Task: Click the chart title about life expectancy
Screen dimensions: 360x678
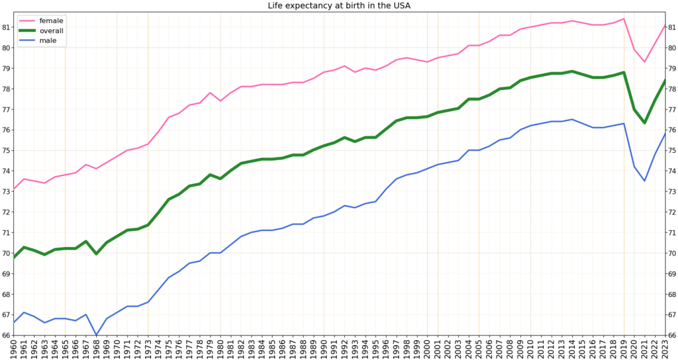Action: click(x=338, y=6)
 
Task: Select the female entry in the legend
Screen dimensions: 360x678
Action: click(x=51, y=21)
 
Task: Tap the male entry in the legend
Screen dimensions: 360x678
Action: click(x=48, y=40)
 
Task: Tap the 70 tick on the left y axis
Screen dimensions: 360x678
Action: click(x=7, y=253)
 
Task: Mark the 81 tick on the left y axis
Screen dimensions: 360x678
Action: click(x=7, y=27)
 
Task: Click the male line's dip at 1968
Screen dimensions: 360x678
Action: click(x=97, y=335)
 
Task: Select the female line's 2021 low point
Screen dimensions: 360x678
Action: click(x=644, y=62)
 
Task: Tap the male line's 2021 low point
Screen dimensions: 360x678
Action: click(x=644, y=181)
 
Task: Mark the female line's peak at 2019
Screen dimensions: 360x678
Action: click(x=624, y=19)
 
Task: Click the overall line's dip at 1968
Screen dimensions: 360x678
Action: click(x=97, y=253)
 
